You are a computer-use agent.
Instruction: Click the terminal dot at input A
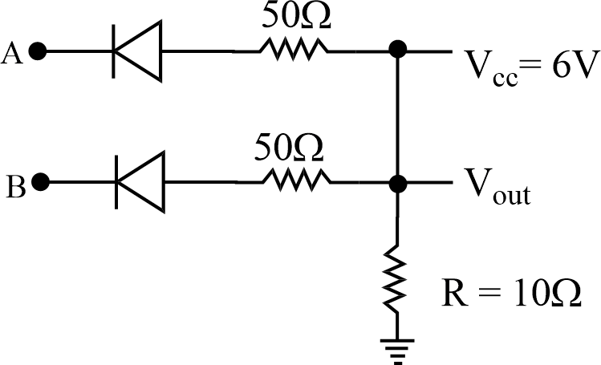39,52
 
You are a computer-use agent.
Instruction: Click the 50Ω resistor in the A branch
293,52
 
